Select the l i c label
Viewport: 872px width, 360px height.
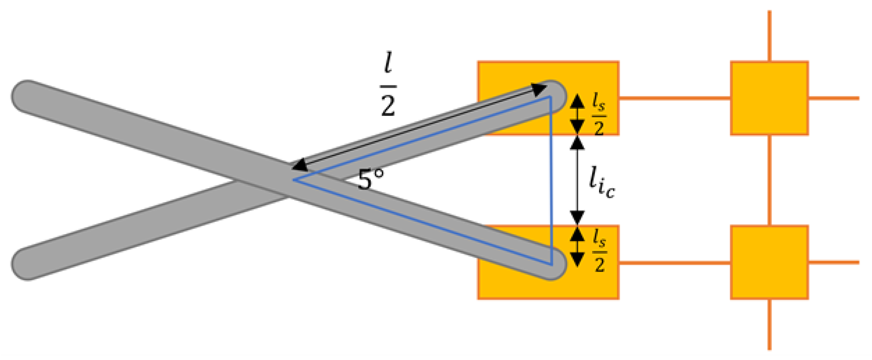[601, 183]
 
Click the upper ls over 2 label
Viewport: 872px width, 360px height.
[599, 114]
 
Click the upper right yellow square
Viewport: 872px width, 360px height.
[769, 98]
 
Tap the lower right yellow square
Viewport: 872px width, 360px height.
[769, 262]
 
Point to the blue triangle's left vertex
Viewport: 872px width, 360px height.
[293, 180]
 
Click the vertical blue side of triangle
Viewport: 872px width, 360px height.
[551, 180]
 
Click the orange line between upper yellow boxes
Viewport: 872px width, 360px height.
[675, 98]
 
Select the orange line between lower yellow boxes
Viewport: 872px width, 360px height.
[675, 263]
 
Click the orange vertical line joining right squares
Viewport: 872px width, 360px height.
[769, 180]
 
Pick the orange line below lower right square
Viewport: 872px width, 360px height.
[769, 324]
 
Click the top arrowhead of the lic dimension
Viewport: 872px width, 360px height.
[577, 143]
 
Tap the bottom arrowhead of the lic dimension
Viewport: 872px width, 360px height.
[577, 217]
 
